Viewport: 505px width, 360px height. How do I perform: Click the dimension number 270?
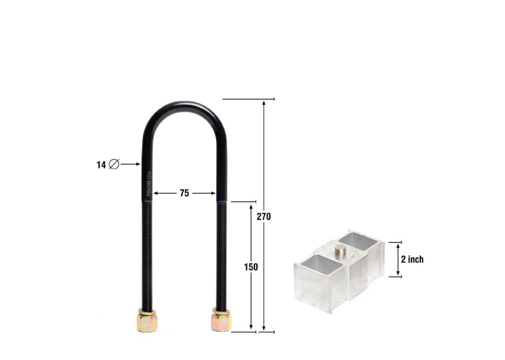(x=264, y=217)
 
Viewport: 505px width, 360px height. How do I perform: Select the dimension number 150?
(x=251, y=267)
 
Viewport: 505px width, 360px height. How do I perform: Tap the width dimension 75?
(x=184, y=194)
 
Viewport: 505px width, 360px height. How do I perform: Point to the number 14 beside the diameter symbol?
(x=101, y=165)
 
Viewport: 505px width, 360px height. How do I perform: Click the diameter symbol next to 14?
(x=114, y=165)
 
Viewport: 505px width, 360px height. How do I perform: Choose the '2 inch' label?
(x=412, y=259)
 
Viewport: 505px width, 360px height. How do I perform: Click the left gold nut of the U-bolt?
(x=146, y=321)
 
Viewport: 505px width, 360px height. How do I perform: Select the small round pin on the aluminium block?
(x=340, y=250)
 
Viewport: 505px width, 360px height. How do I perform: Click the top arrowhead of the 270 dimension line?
(x=264, y=102)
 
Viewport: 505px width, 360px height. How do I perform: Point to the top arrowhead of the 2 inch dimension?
(x=398, y=244)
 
